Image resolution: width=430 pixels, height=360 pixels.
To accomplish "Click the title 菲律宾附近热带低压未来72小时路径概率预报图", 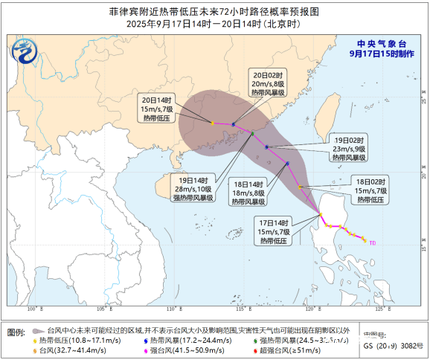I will point(214,11).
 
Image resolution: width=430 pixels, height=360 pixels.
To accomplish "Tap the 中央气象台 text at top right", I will point(382,43).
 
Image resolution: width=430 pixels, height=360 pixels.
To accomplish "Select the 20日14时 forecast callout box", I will point(156,110).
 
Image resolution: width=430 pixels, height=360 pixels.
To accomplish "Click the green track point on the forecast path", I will point(253,134).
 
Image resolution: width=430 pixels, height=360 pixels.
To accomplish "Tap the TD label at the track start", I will point(373,242).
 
